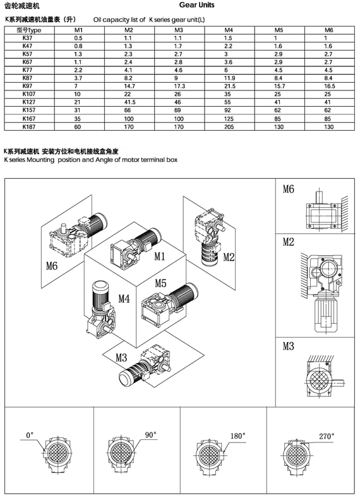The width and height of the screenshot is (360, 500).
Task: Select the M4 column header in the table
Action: coord(228,30)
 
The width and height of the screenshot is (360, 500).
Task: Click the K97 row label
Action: coord(28,85)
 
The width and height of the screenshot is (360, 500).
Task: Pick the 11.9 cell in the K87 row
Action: coord(228,77)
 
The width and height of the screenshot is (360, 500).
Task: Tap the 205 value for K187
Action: coord(228,126)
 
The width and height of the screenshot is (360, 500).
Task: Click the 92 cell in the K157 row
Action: coord(228,109)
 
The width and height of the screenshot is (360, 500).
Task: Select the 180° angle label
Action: coord(237,436)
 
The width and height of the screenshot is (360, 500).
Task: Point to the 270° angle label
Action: coord(327,436)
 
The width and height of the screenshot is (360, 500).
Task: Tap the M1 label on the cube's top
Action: coord(159,256)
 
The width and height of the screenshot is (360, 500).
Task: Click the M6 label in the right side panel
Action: coord(289,189)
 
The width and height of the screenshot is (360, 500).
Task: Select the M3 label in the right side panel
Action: coord(289,346)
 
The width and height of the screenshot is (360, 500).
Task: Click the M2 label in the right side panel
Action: coord(289,242)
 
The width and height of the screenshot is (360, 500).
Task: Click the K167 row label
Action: coord(28,118)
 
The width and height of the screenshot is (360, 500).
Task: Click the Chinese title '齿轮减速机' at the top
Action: coord(21,6)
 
